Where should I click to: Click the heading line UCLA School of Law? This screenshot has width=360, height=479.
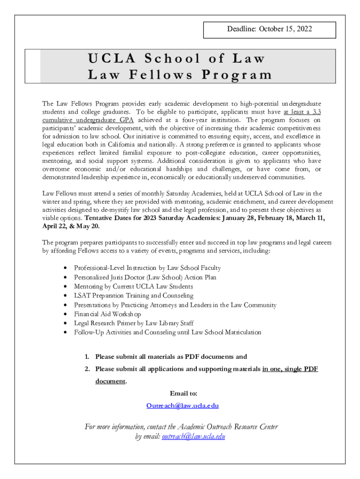click(176, 59)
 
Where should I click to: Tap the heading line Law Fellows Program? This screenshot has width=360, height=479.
click(180, 74)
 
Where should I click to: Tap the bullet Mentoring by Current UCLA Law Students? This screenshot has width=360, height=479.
click(133, 286)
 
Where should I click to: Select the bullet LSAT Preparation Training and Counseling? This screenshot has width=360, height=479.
click(133, 296)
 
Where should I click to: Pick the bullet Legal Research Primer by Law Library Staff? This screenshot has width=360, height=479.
click(134, 323)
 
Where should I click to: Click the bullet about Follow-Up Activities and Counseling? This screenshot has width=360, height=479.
click(167, 333)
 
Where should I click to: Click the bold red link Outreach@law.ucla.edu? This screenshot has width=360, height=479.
click(182, 406)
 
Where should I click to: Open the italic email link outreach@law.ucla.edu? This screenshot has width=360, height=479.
click(194, 436)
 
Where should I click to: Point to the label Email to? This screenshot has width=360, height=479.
click(180, 393)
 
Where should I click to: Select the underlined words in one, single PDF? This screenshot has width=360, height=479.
click(290, 369)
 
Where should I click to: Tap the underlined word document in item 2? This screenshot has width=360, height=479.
click(110, 381)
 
